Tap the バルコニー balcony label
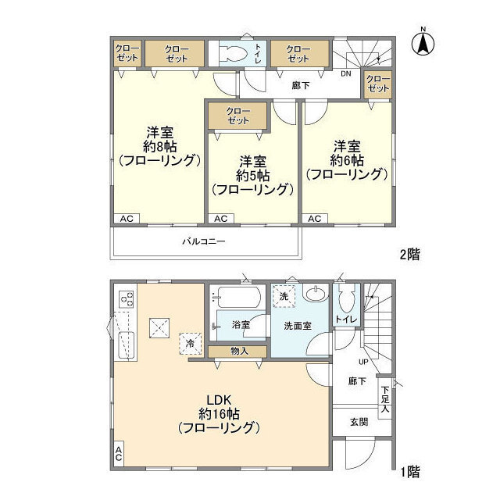point(204,241)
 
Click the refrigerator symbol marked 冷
point(190,342)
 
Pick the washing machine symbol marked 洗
point(283,298)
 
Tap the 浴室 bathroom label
point(241,324)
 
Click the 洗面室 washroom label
point(298,325)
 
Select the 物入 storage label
point(239,352)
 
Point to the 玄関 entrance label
point(359,422)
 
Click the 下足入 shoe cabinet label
point(384,398)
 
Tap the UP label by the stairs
point(363,362)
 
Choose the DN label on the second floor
point(345,74)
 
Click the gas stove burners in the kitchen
point(125,298)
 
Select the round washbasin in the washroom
point(316,295)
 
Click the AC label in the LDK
point(119,454)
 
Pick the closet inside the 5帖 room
point(238,116)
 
